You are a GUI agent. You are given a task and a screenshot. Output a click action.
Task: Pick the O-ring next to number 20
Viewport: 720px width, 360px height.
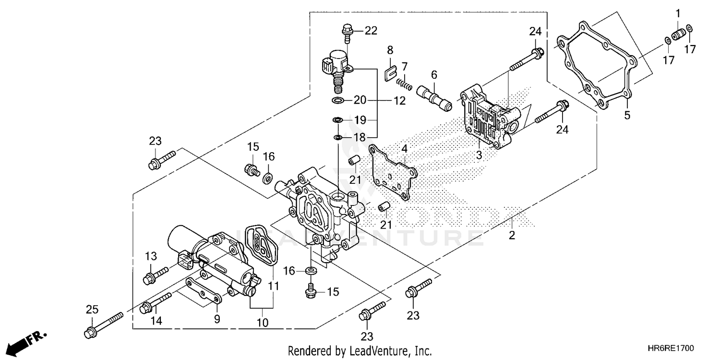[338, 100]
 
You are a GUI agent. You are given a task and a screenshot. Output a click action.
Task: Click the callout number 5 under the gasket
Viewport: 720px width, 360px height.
[627, 115]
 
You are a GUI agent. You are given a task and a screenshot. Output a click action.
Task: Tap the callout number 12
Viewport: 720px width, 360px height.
[399, 101]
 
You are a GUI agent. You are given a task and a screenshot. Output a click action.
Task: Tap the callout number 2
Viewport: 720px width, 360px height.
[512, 235]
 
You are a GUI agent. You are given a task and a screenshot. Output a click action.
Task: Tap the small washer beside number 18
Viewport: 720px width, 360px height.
[338, 138]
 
